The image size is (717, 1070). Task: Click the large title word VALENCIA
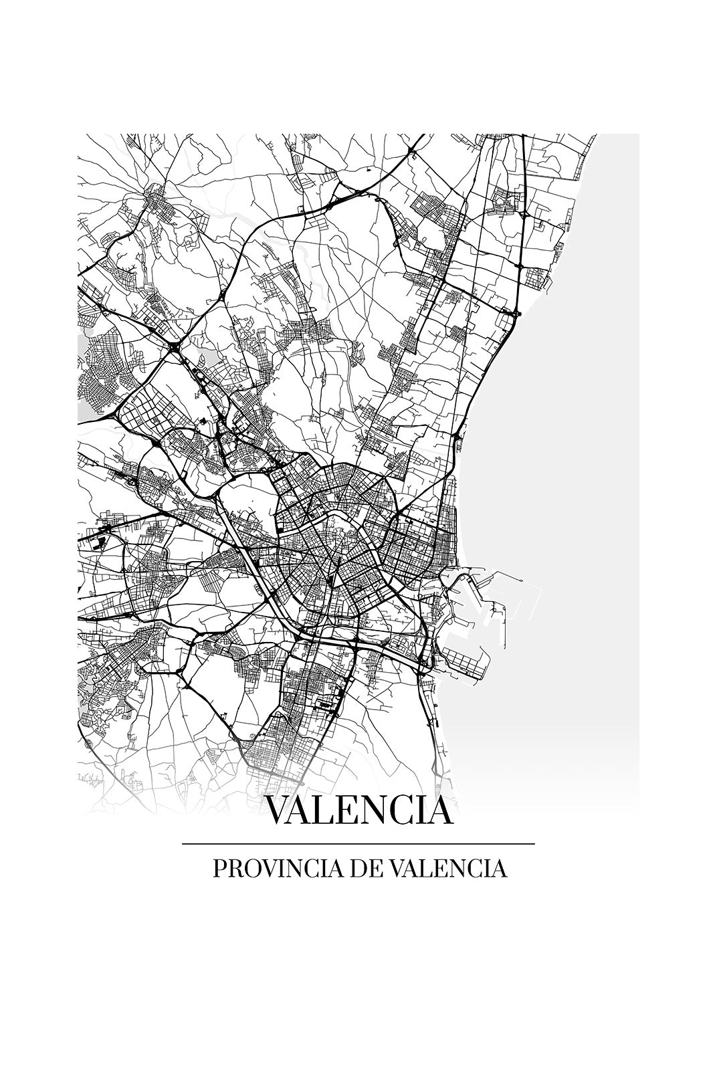click(x=359, y=810)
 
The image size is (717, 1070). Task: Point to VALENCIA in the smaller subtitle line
click(x=447, y=869)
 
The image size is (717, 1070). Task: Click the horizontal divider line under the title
click(x=358, y=844)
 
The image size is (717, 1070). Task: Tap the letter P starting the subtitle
click(x=219, y=869)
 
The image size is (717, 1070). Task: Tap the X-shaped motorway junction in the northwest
click(x=173, y=346)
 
